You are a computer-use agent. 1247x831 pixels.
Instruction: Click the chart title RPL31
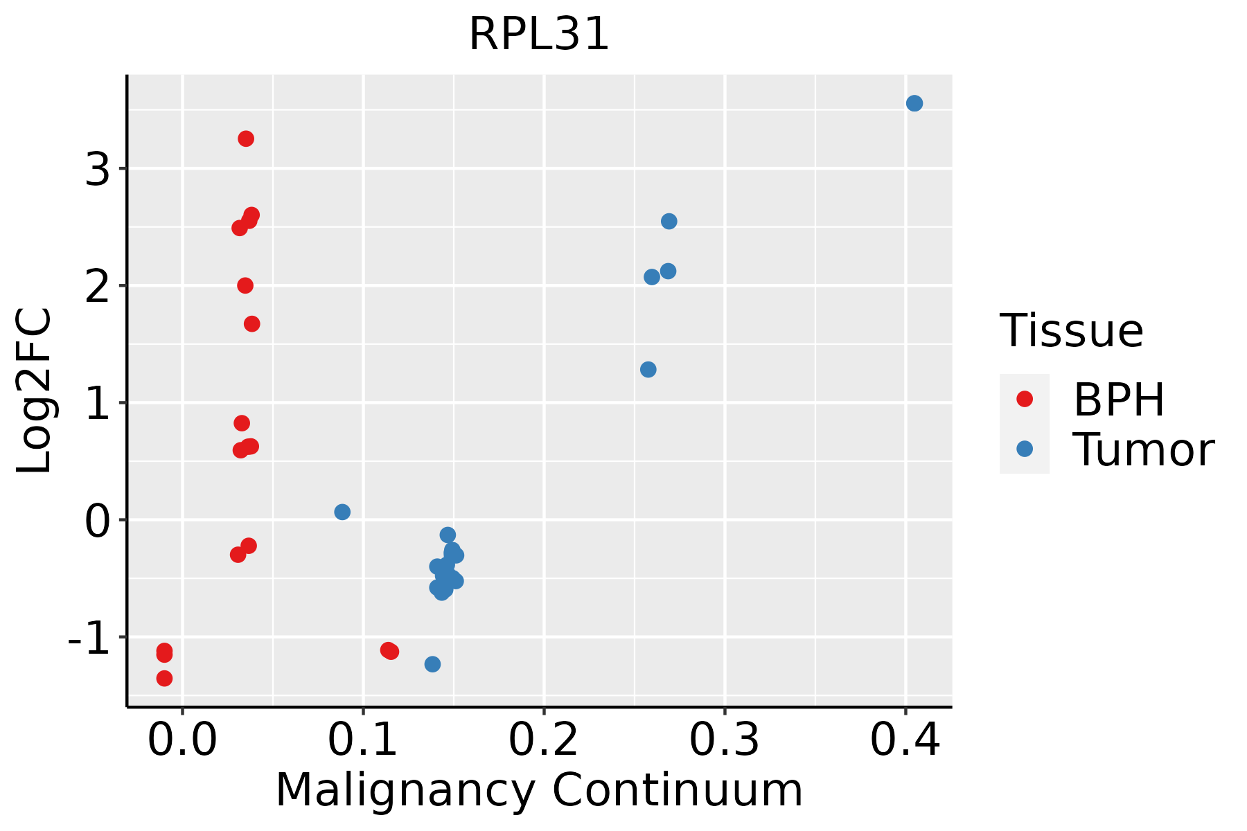(539, 35)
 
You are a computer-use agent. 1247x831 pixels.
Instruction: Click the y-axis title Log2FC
(35, 391)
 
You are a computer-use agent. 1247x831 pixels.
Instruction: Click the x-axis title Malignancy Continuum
(539, 790)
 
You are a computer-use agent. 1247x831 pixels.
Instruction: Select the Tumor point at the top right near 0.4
(914, 103)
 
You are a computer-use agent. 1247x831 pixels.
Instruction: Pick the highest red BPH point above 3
(246, 138)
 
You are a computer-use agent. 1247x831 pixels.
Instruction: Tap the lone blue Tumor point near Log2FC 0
(342, 512)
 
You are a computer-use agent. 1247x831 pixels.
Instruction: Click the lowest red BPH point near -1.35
(164, 678)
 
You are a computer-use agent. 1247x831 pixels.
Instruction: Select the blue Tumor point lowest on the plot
(432, 664)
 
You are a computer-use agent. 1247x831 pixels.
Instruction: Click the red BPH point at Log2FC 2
(245, 285)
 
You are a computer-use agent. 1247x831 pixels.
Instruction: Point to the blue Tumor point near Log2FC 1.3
(648, 369)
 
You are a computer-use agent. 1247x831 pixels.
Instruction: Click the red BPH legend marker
(1024, 399)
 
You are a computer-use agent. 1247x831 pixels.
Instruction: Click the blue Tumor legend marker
(1024, 449)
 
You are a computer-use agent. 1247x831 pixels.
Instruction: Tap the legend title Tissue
(1072, 331)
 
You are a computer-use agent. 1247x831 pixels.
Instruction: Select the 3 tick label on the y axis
(98, 169)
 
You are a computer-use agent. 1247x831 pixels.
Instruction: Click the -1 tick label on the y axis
(89, 638)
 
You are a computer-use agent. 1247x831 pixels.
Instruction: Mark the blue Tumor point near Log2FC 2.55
(669, 221)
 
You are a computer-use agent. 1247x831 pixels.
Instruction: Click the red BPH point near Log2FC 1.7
(252, 323)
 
